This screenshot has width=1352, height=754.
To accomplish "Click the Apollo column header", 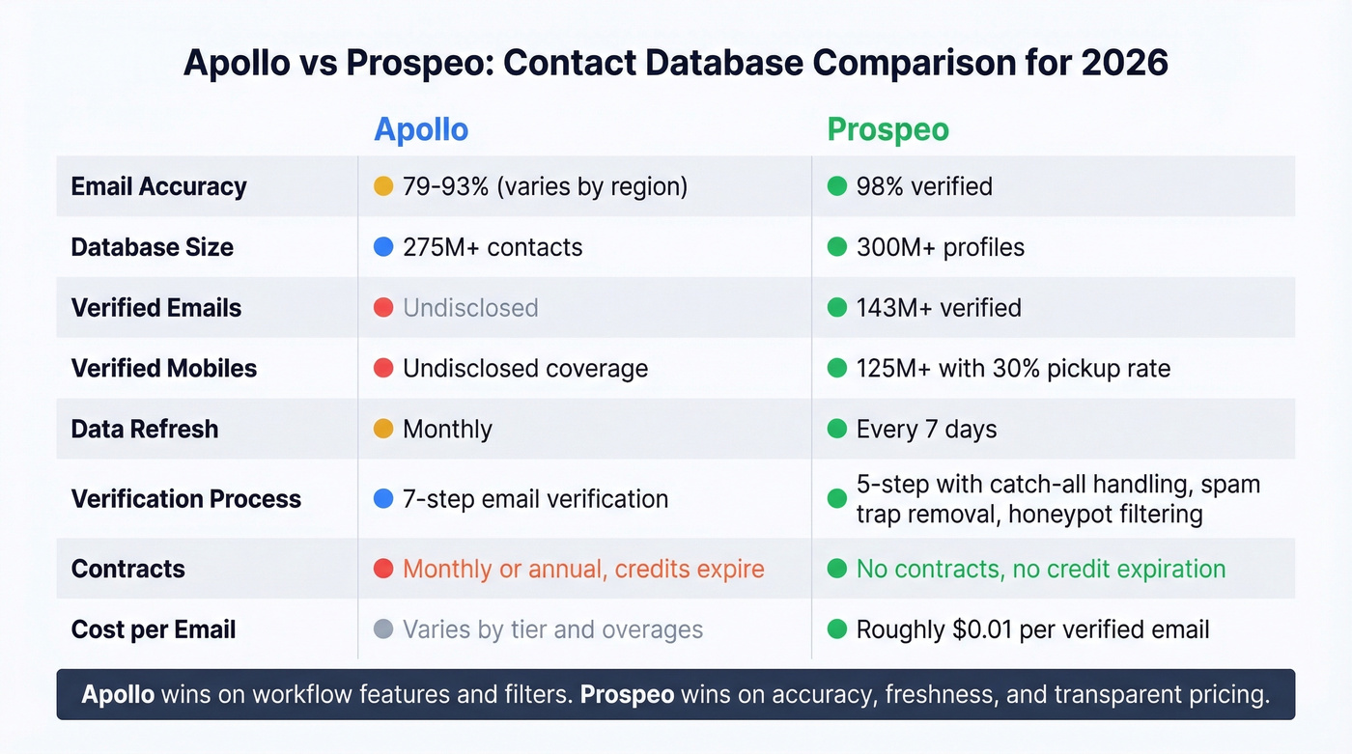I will (x=421, y=129).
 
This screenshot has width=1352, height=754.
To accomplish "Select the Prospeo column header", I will (x=887, y=129).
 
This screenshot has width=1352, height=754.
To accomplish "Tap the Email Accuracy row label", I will (x=158, y=186).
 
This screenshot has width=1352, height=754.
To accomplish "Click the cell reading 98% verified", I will (x=923, y=186).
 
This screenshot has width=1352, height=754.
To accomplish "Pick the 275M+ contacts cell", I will (x=493, y=247).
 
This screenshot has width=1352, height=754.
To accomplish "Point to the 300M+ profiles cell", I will (x=940, y=247).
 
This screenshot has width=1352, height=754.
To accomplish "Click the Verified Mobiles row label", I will (x=164, y=368).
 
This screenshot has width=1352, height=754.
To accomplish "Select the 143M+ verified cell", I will (x=938, y=308).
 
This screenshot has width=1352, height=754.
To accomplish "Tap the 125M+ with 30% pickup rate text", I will (x=1013, y=368).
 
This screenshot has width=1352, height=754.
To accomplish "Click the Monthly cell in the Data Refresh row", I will (x=447, y=429).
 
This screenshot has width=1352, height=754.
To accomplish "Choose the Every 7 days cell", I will (x=926, y=429).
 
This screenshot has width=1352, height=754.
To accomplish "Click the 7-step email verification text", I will (x=535, y=499).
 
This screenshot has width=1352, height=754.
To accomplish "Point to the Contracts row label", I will (x=127, y=569).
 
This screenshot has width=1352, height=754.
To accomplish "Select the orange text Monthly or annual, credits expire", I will (x=583, y=569).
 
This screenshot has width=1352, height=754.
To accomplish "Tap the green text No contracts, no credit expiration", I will (x=1041, y=569).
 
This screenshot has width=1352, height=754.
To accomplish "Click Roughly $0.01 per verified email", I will (x=1032, y=630).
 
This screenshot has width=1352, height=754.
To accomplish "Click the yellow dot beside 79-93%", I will (x=383, y=186).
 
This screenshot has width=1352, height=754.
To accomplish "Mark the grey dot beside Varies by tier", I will (x=383, y=630).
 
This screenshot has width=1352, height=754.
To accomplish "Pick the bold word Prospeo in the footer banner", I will (x=627, y=695).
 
